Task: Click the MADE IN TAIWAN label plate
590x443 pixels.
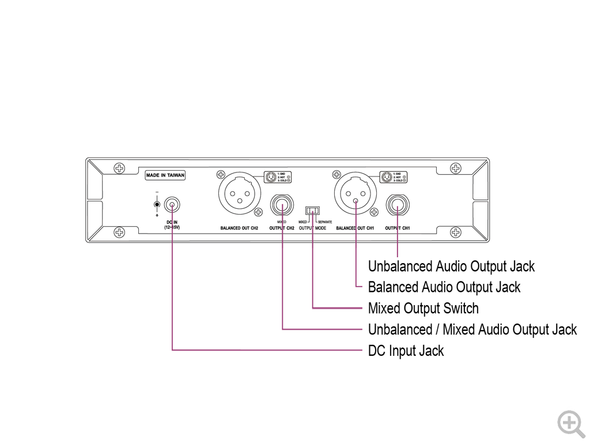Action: pyautogui.click(x=165, y=175)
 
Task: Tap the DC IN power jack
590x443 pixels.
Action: pyautogui.click(x=172, y=205)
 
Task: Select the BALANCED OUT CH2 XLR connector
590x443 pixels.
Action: pyautogui.click(x=239, y=193)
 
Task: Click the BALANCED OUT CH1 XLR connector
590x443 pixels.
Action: pyautogui.click(x=355, y=193)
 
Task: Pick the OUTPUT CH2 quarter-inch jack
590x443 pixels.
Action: pyautogui.click(x=282, y=205)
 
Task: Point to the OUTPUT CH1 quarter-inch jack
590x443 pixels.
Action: pyautogui.click(x=398, y=205)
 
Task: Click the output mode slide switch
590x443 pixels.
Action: pyautogui.click(x=312, y=211)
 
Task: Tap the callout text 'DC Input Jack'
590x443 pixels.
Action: pyautogui.click(x=406, y=351)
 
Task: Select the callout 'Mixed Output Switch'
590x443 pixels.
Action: pyautogui.click(x=423, y=308)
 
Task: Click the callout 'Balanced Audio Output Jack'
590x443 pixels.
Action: pyautogui.click(x=444, y=287)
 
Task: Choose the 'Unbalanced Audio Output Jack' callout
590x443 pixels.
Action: pyautogui.click(x=451, y=266)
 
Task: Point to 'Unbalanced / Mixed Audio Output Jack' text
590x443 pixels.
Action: pyautogui.click(x=472, y=330)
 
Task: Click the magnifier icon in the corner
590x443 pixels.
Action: pyautogui.click(x=570, y=423)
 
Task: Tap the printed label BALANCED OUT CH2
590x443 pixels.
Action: pyautogui.click(x=239, y=228)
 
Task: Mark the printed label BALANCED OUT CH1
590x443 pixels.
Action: pyautogui.click(x=355, y=228)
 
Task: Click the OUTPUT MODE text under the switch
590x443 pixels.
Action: pyautogui.click(x=312, y=228)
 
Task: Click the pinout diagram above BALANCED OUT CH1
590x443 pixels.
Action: pyautogui.click(x=394, y=177)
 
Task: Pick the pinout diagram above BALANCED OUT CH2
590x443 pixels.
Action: pyautogui.click(x=277, y=177)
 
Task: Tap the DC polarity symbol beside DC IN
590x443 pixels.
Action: pyautogui.click(x=157, y=204)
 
